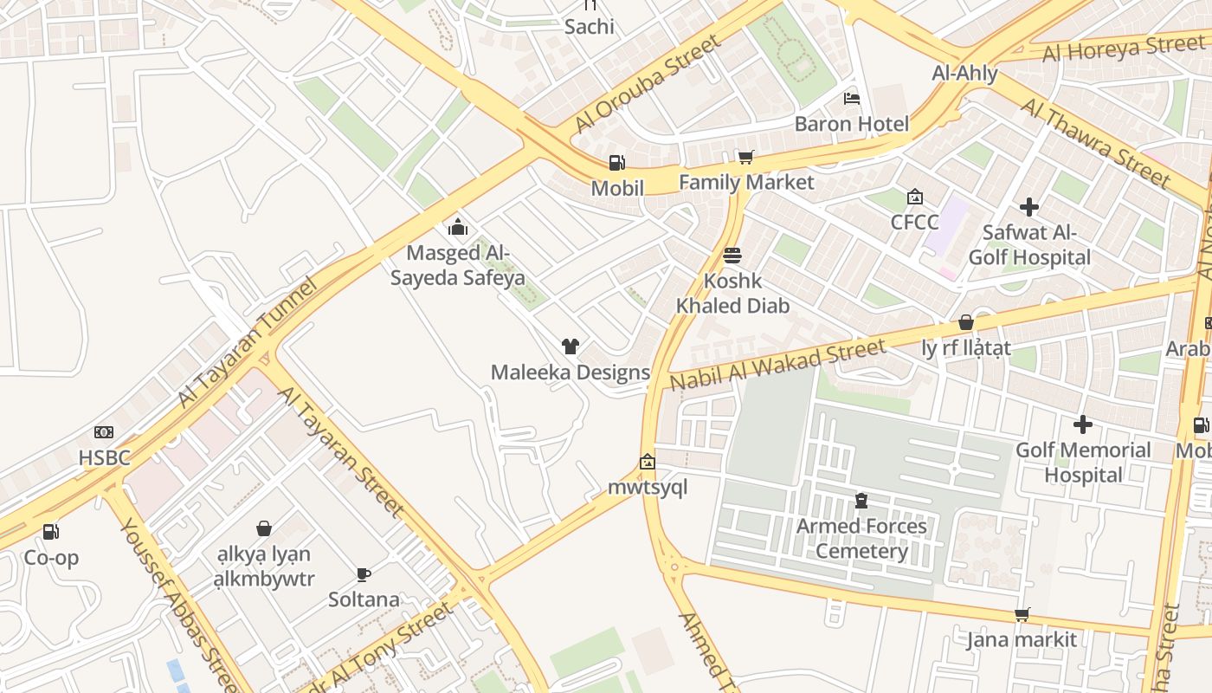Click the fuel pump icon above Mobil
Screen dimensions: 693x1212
[616, 163]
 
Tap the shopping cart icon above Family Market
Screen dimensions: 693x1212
[745, 157]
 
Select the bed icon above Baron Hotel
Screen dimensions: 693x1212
[852, 99]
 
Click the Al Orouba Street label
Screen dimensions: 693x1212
[646, 84]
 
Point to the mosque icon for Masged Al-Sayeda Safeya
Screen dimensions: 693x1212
[457, 228]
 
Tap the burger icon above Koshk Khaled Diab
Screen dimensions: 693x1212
[732, 256]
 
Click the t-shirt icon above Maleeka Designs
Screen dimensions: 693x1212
[570, 347]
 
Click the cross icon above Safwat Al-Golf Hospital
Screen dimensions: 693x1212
[1029, 207]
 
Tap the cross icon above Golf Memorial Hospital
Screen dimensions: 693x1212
[1082, 424]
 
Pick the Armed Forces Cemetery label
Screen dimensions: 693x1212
[861, 539]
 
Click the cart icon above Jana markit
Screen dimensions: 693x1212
[1022, 614]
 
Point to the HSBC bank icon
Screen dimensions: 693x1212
[104, 432]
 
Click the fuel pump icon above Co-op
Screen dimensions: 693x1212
[51, 532]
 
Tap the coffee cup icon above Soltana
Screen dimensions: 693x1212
[364, 574]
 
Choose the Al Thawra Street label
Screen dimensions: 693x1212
[1096, 142]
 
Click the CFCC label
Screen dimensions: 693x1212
[914, 223]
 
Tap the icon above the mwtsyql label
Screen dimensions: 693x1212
[647, 462]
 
